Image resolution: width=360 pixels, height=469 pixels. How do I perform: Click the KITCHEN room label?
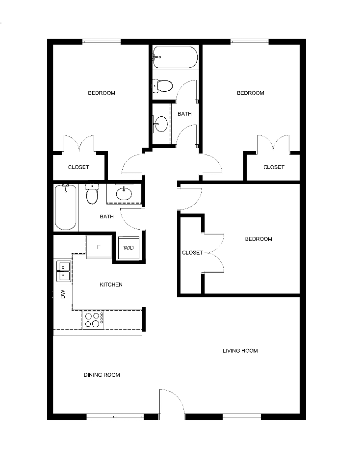(111, 285)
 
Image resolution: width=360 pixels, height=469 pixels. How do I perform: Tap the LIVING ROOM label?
(240, 351)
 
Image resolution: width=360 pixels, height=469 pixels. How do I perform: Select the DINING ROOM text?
(102, 375)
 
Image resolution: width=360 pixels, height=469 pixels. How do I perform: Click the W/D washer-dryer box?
(129, 248)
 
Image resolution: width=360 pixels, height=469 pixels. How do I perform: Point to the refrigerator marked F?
(99, 247)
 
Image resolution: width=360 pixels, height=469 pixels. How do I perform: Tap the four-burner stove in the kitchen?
(93, 320)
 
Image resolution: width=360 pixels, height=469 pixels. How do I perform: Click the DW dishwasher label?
(63, 294)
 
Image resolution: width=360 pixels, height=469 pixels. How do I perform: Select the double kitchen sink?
(64, 271)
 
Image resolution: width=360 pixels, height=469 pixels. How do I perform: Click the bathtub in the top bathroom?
(175, 57)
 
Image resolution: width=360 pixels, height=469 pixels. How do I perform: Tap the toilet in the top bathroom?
(163, 86)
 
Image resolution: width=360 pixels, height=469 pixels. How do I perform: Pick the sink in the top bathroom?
(161, 124)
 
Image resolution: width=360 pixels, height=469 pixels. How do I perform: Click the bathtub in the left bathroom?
(66, 208)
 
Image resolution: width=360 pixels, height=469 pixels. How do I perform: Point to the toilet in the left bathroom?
(92, 193)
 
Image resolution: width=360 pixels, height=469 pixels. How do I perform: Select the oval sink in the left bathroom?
(124, 193)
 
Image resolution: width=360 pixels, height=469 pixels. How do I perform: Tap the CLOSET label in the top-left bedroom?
(78, 167)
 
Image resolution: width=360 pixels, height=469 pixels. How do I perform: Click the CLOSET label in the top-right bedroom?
(274, 167)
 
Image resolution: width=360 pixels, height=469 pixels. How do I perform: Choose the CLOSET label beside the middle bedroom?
(193, 253)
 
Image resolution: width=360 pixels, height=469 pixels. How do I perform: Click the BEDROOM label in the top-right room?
(251, 93)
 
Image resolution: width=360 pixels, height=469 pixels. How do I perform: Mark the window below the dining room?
(115, 417)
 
